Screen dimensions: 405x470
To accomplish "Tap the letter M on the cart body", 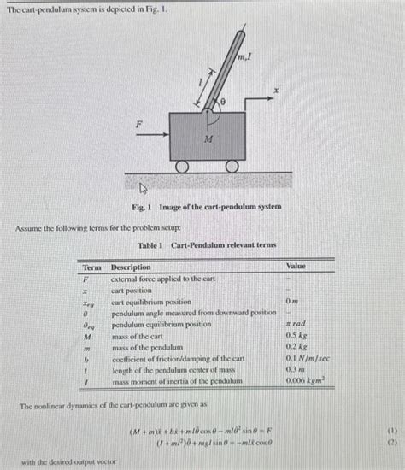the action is (208, 137).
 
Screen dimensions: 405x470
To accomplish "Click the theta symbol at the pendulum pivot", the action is (223, 101).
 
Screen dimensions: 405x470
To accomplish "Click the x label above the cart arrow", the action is (275, 89).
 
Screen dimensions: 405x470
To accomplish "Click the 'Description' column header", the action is (131, 267).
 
